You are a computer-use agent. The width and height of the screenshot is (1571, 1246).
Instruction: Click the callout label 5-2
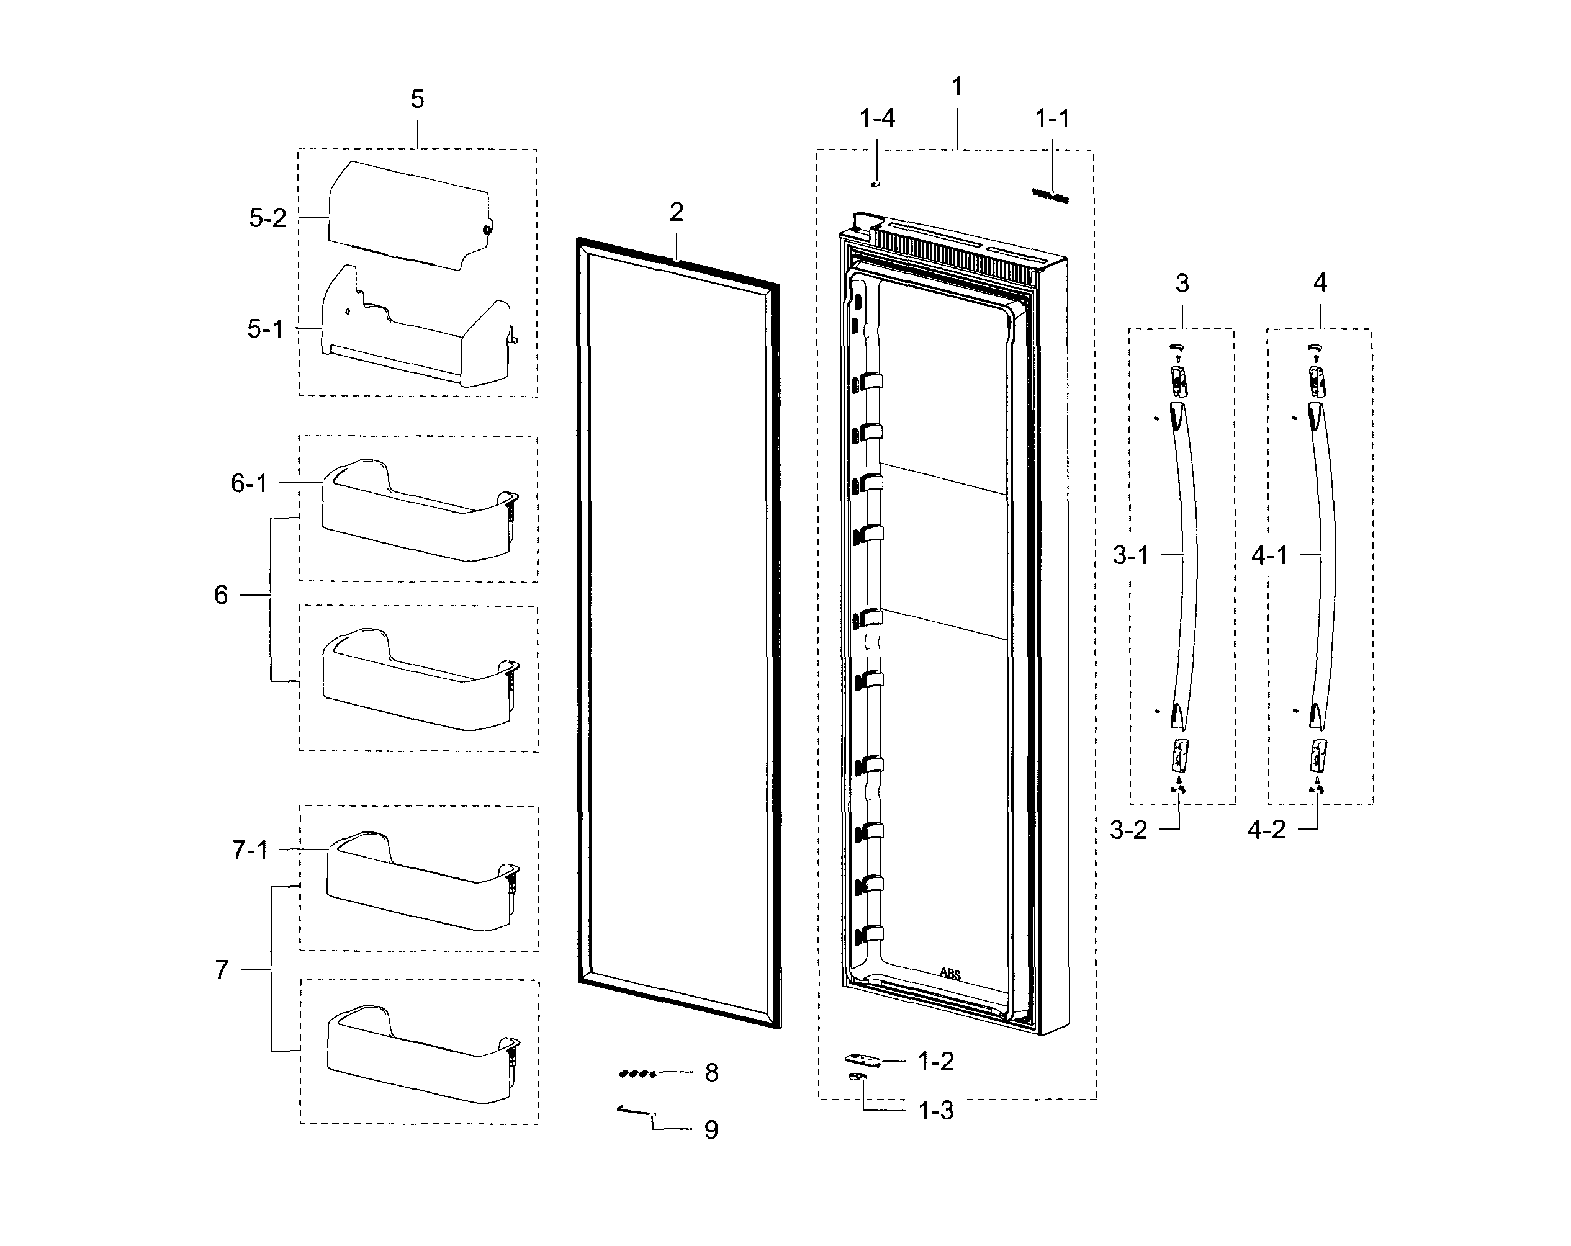268,218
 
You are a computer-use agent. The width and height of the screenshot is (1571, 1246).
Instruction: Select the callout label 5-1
265,329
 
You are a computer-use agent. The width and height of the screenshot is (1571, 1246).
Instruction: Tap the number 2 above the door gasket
676,212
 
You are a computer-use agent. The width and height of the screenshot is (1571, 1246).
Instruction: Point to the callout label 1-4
876,118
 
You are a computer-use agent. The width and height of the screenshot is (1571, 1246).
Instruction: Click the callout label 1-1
1052,118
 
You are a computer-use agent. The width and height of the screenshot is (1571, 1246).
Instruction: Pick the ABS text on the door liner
950,974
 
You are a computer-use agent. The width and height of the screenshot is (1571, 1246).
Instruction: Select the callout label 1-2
935,1062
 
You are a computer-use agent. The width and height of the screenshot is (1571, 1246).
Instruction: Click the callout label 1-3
935,1111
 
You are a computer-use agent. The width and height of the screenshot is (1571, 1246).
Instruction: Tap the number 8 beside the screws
711,1073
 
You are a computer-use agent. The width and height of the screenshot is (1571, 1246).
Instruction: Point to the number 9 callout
711,1129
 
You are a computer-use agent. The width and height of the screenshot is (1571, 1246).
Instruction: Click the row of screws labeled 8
637,1073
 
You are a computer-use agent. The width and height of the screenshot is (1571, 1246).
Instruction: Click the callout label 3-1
1130,556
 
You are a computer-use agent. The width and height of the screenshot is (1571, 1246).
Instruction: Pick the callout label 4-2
1266,829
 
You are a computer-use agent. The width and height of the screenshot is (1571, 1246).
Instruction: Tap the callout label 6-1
249,483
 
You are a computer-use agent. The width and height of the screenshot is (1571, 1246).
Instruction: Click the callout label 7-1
250,849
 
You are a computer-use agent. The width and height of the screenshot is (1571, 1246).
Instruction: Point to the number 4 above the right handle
1320,283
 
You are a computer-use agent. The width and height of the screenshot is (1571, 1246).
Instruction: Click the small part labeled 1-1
1050,195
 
